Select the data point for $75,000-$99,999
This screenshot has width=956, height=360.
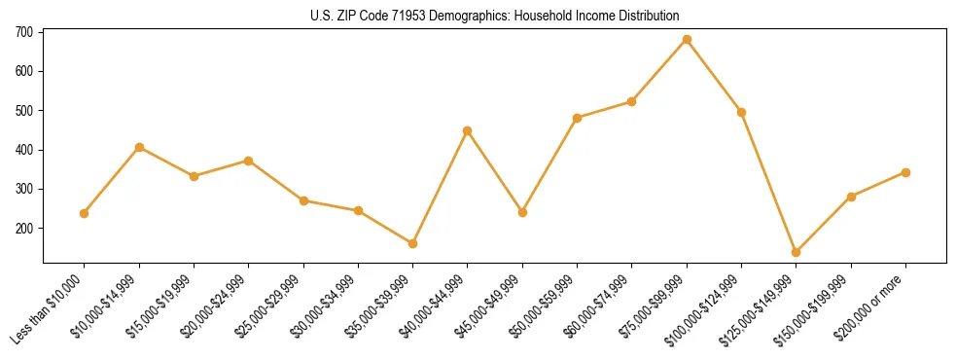coord(687,40)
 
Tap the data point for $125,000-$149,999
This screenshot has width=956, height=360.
coord(797,252)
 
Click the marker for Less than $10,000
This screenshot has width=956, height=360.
coord(85,213)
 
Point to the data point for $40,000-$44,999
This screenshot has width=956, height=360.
coord(468,130)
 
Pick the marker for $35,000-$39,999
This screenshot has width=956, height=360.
coord(413,243)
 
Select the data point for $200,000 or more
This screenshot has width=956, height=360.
coord(905,172)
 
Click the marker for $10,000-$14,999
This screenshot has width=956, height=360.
coord(139,147)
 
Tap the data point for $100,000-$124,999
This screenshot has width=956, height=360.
coord(741,112)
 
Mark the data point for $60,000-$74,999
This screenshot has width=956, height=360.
coord(632,101)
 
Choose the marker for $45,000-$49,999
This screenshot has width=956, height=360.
coord(522,212)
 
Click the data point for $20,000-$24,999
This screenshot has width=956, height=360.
coord(249,161)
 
